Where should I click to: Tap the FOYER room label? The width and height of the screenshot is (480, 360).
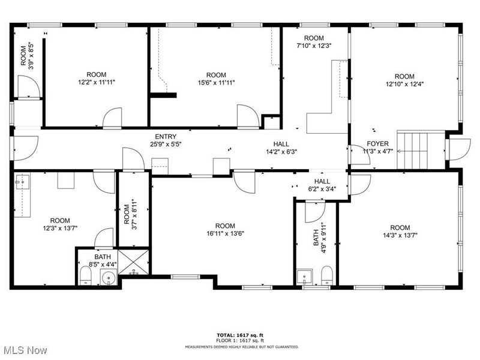pos(378,144)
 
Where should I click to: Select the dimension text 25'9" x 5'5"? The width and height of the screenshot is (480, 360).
pos(166,144)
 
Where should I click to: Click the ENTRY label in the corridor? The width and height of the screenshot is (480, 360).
pos(166,137)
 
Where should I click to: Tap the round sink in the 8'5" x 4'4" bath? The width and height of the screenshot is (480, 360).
pos(108,277)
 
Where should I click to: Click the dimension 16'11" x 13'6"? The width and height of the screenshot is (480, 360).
pos(225,234)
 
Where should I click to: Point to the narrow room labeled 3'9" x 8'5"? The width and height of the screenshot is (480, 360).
pos(26,56)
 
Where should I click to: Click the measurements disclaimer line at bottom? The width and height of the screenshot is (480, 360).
pos(241,346)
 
